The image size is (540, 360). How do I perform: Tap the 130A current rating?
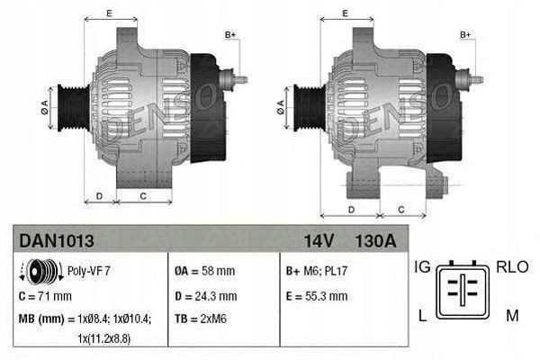[377, 241]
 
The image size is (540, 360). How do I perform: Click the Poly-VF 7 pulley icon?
[40, 270]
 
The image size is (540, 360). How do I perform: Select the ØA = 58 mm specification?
[204, 270]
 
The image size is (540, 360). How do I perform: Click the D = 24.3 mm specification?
[204, 295]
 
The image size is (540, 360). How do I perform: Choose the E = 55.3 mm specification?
[316, 295]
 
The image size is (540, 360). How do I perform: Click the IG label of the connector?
[422, 267]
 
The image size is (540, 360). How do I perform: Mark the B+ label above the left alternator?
[230, 35]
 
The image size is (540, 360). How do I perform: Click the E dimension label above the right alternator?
[346, 13]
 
